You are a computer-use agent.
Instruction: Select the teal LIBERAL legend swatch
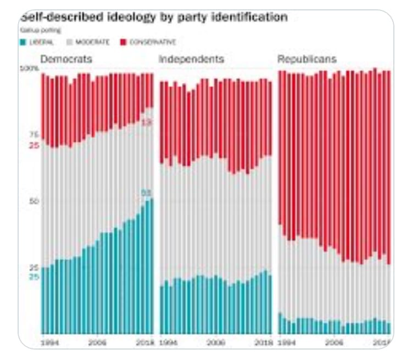(23, 42)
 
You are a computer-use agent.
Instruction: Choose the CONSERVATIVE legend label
(152, 42)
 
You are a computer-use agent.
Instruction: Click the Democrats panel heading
(66, 59)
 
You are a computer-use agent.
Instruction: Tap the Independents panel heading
(191, 59)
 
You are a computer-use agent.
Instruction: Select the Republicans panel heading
(307, 59)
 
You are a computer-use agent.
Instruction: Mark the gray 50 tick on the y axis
(34, 201)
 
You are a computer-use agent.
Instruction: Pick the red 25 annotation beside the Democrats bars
(34, 145)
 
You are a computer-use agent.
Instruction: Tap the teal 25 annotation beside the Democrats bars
(34, 277)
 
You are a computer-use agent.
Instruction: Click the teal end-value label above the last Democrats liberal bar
(146, 193)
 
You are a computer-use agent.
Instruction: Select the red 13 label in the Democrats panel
(146, 122)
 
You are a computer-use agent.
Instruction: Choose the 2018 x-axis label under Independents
(263, 342)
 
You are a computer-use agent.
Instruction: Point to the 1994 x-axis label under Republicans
(288, 342)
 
